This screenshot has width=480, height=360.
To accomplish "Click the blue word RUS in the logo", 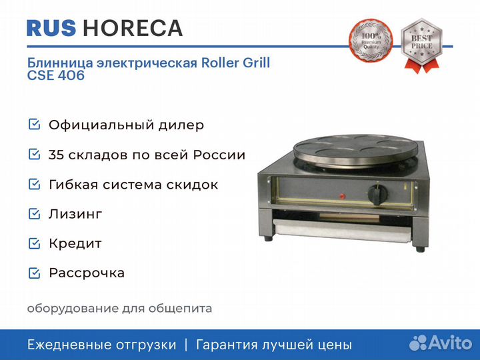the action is (51, 28).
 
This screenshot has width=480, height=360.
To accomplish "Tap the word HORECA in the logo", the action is (133, 28).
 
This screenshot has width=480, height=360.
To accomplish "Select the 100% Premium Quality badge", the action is (371, 40).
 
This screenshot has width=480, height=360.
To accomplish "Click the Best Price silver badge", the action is (421, 45).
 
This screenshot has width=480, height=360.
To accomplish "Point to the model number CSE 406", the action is (56, 75).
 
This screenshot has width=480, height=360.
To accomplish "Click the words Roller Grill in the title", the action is (236, 63).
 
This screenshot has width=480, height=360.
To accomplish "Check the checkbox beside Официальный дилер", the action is (34, 125).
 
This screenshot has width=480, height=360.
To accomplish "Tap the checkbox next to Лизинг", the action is (34, 214).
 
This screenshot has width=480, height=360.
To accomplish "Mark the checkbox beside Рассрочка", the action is (34, 273).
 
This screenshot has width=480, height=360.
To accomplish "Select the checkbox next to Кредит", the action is (34, 243).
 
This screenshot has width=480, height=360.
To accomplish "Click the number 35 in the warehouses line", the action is (56, 155).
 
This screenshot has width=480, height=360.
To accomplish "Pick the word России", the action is (219, 155).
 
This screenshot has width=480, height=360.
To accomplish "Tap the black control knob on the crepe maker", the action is (377, 195).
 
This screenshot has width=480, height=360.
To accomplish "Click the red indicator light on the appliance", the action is (342, 196).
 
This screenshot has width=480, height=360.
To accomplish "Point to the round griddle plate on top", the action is (355, 151).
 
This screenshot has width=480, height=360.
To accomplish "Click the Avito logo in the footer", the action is (441, 343).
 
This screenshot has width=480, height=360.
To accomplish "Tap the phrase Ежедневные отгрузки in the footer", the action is (101, 345).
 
